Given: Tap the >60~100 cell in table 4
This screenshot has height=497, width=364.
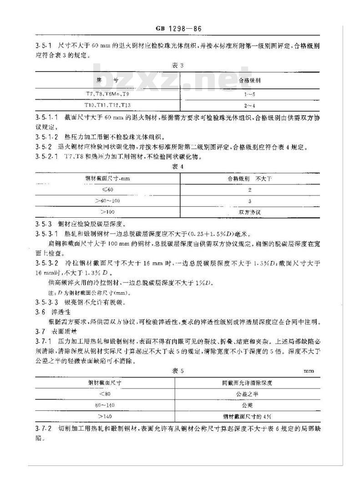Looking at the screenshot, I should pyautogui.click(x=108, y=201).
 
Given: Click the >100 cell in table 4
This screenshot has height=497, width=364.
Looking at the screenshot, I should pyautogui.click(x=108, y=212).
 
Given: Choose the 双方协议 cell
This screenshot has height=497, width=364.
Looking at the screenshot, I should pyautogui.click(x=250, y=212).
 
